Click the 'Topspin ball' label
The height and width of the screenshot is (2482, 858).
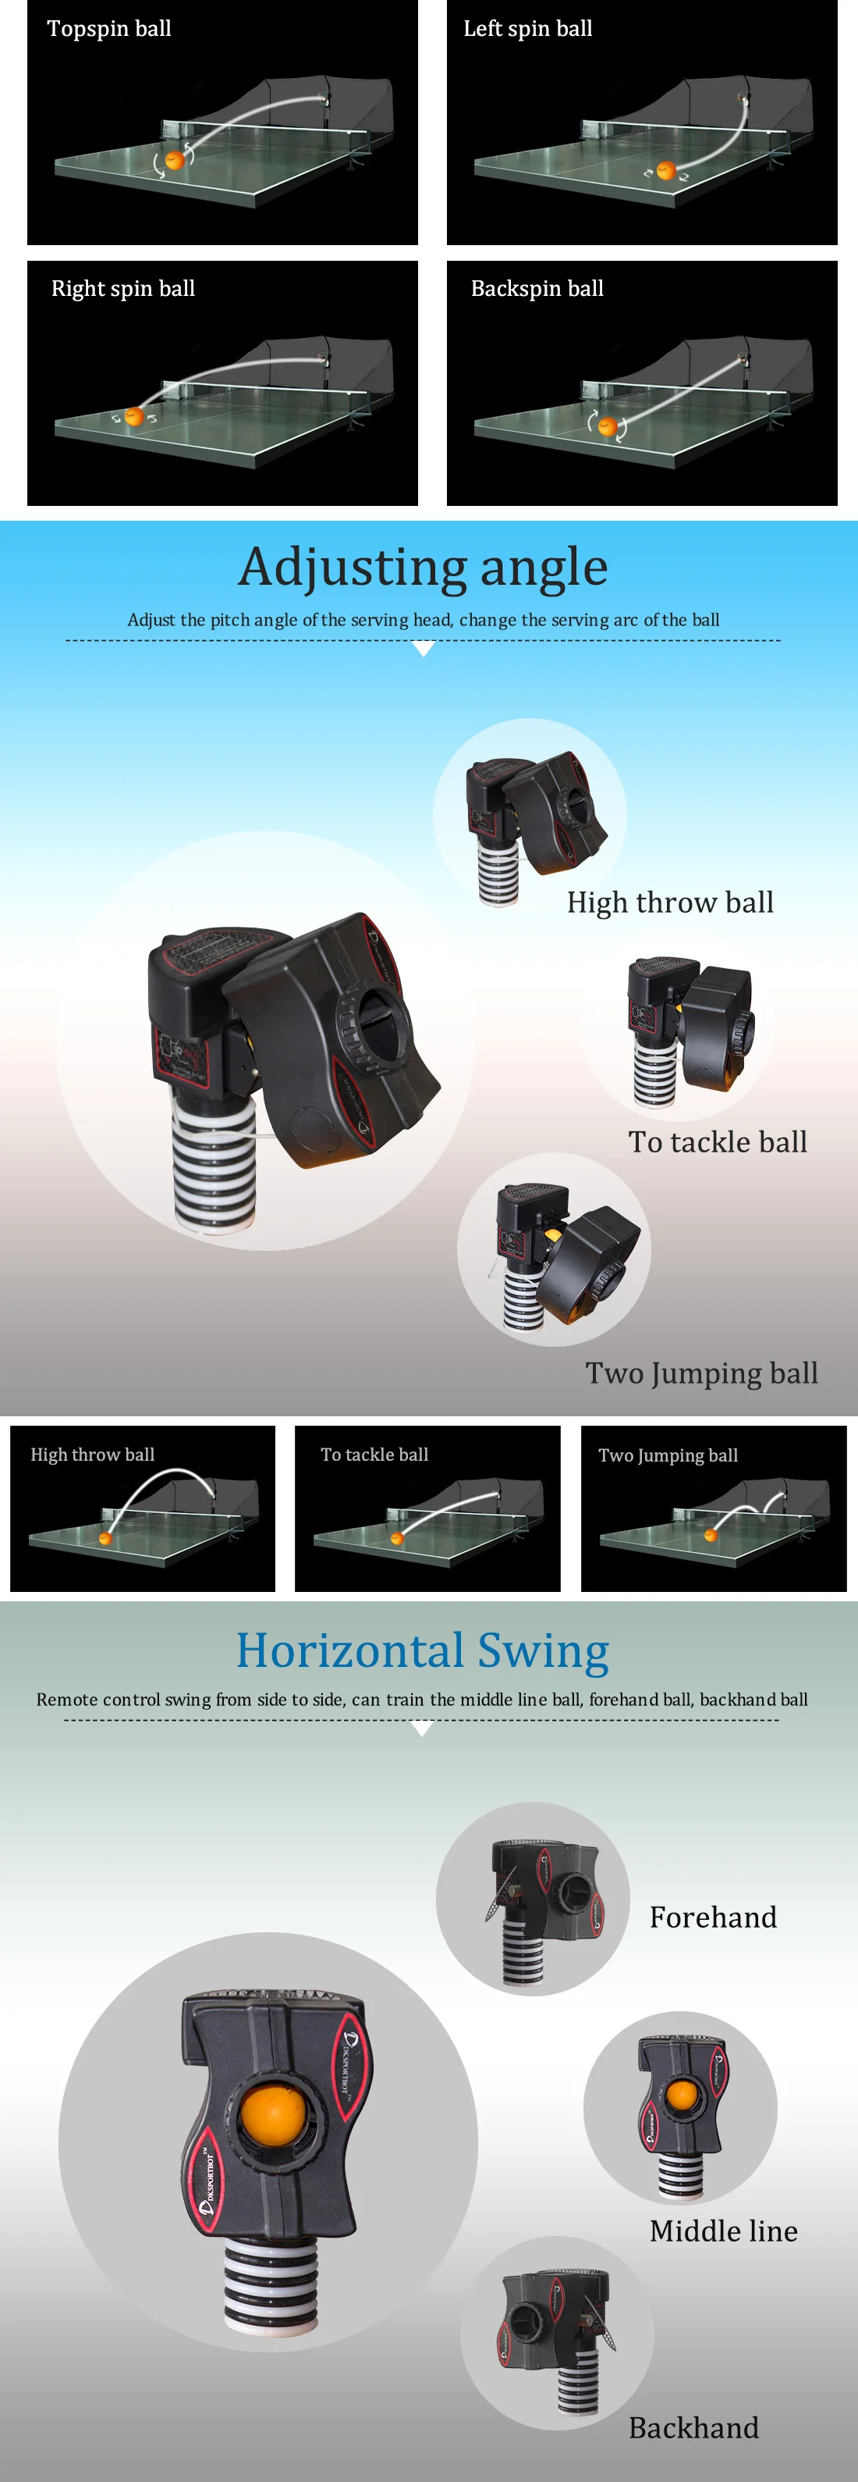pyautogui.click(x=110, y=29)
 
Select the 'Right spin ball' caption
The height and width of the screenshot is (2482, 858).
pyautogui.click(x=123, y=289)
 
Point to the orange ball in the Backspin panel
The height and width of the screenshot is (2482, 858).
pyautogui.click(x=608, y=425)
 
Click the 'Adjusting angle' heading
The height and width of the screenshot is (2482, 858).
pyautogui.click(x=424, y=567)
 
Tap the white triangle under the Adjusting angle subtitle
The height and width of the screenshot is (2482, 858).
pyautogui.click(x=423, y=650)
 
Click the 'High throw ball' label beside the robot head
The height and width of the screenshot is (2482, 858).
pyautogui.click(x=670, y=903)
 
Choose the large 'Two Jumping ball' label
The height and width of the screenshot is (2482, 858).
pyautogui.click(x=702, y=1373)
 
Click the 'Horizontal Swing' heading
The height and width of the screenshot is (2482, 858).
pyautogui.click(x=423, y=1650)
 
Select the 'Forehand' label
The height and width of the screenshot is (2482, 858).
pyautogui.click(x=713, y=1918)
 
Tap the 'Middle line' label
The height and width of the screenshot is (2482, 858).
pyautogui.click(x=723, y=2231)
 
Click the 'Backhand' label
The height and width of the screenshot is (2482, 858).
pyautogui.click(x=693, y=2428)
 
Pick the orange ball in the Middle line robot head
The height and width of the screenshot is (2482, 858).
pyautogui.click(x=682, y=2095)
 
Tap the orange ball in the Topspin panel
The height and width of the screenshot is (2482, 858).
pyautogui.click(x=174, y=160)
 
